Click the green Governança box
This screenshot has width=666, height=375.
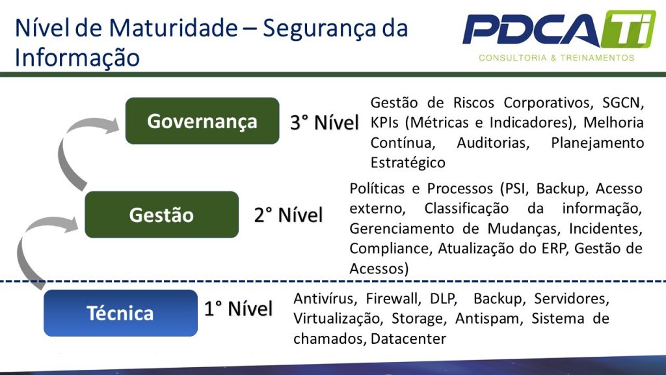[202, 121]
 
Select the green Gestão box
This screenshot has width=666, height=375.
[161, 215]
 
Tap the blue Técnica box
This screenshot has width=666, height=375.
[120, 313]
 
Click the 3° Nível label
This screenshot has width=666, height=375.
[324, 122]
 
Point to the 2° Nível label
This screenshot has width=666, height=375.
[288, 215]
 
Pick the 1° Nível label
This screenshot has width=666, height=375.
[238, 309]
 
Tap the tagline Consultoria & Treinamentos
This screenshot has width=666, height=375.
[556, 58]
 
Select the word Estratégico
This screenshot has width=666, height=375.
[408, 163]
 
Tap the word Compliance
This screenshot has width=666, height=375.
[390, 248]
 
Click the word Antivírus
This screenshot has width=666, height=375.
[325, 299]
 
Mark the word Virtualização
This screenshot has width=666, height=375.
[332, 319]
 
